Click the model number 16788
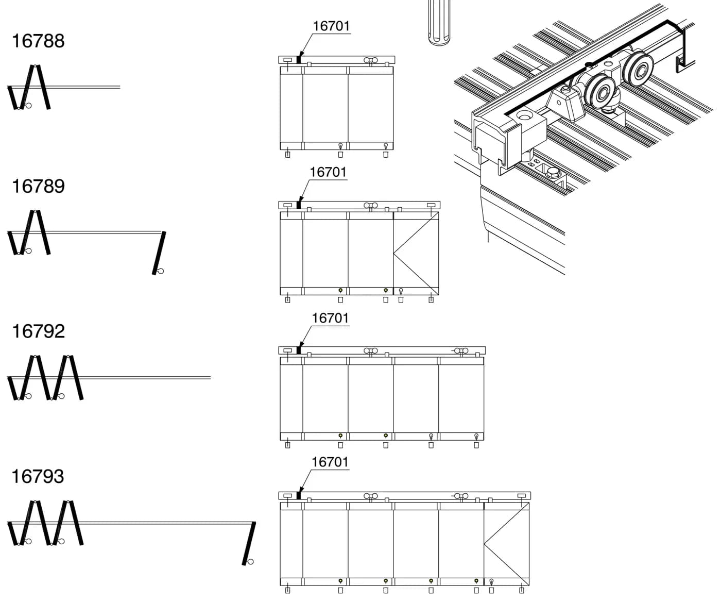(x=38, y=41)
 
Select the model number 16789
(x=38, y=186)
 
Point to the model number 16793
(x=38, y=476)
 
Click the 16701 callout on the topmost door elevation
(x=331, y=26)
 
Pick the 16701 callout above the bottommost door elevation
(x=330, y=462)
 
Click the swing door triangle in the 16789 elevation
(x=416, y=253)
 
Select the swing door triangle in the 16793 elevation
(x=507, y=544)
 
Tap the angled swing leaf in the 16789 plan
(x=159, y=253)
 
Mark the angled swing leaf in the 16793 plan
(x=249, y=544)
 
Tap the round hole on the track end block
(x=525, y=115)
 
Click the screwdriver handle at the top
(x=439, y=22)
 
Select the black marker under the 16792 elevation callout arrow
(x=299, y=350)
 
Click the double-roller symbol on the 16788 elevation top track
(x=370, y=60)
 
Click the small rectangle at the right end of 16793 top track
(x=521, y=495)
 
